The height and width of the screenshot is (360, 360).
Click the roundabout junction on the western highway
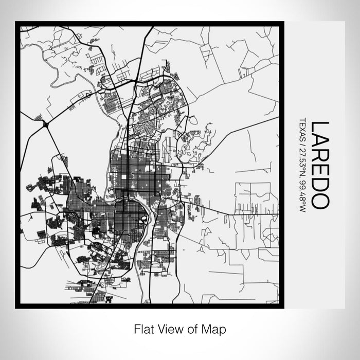pyautogui.click(x=46, y=123)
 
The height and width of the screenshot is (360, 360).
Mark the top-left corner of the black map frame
pyautogui.click(x=16, y=23)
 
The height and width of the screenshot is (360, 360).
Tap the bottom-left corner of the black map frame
pyautogui.click(x=16, y=307)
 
